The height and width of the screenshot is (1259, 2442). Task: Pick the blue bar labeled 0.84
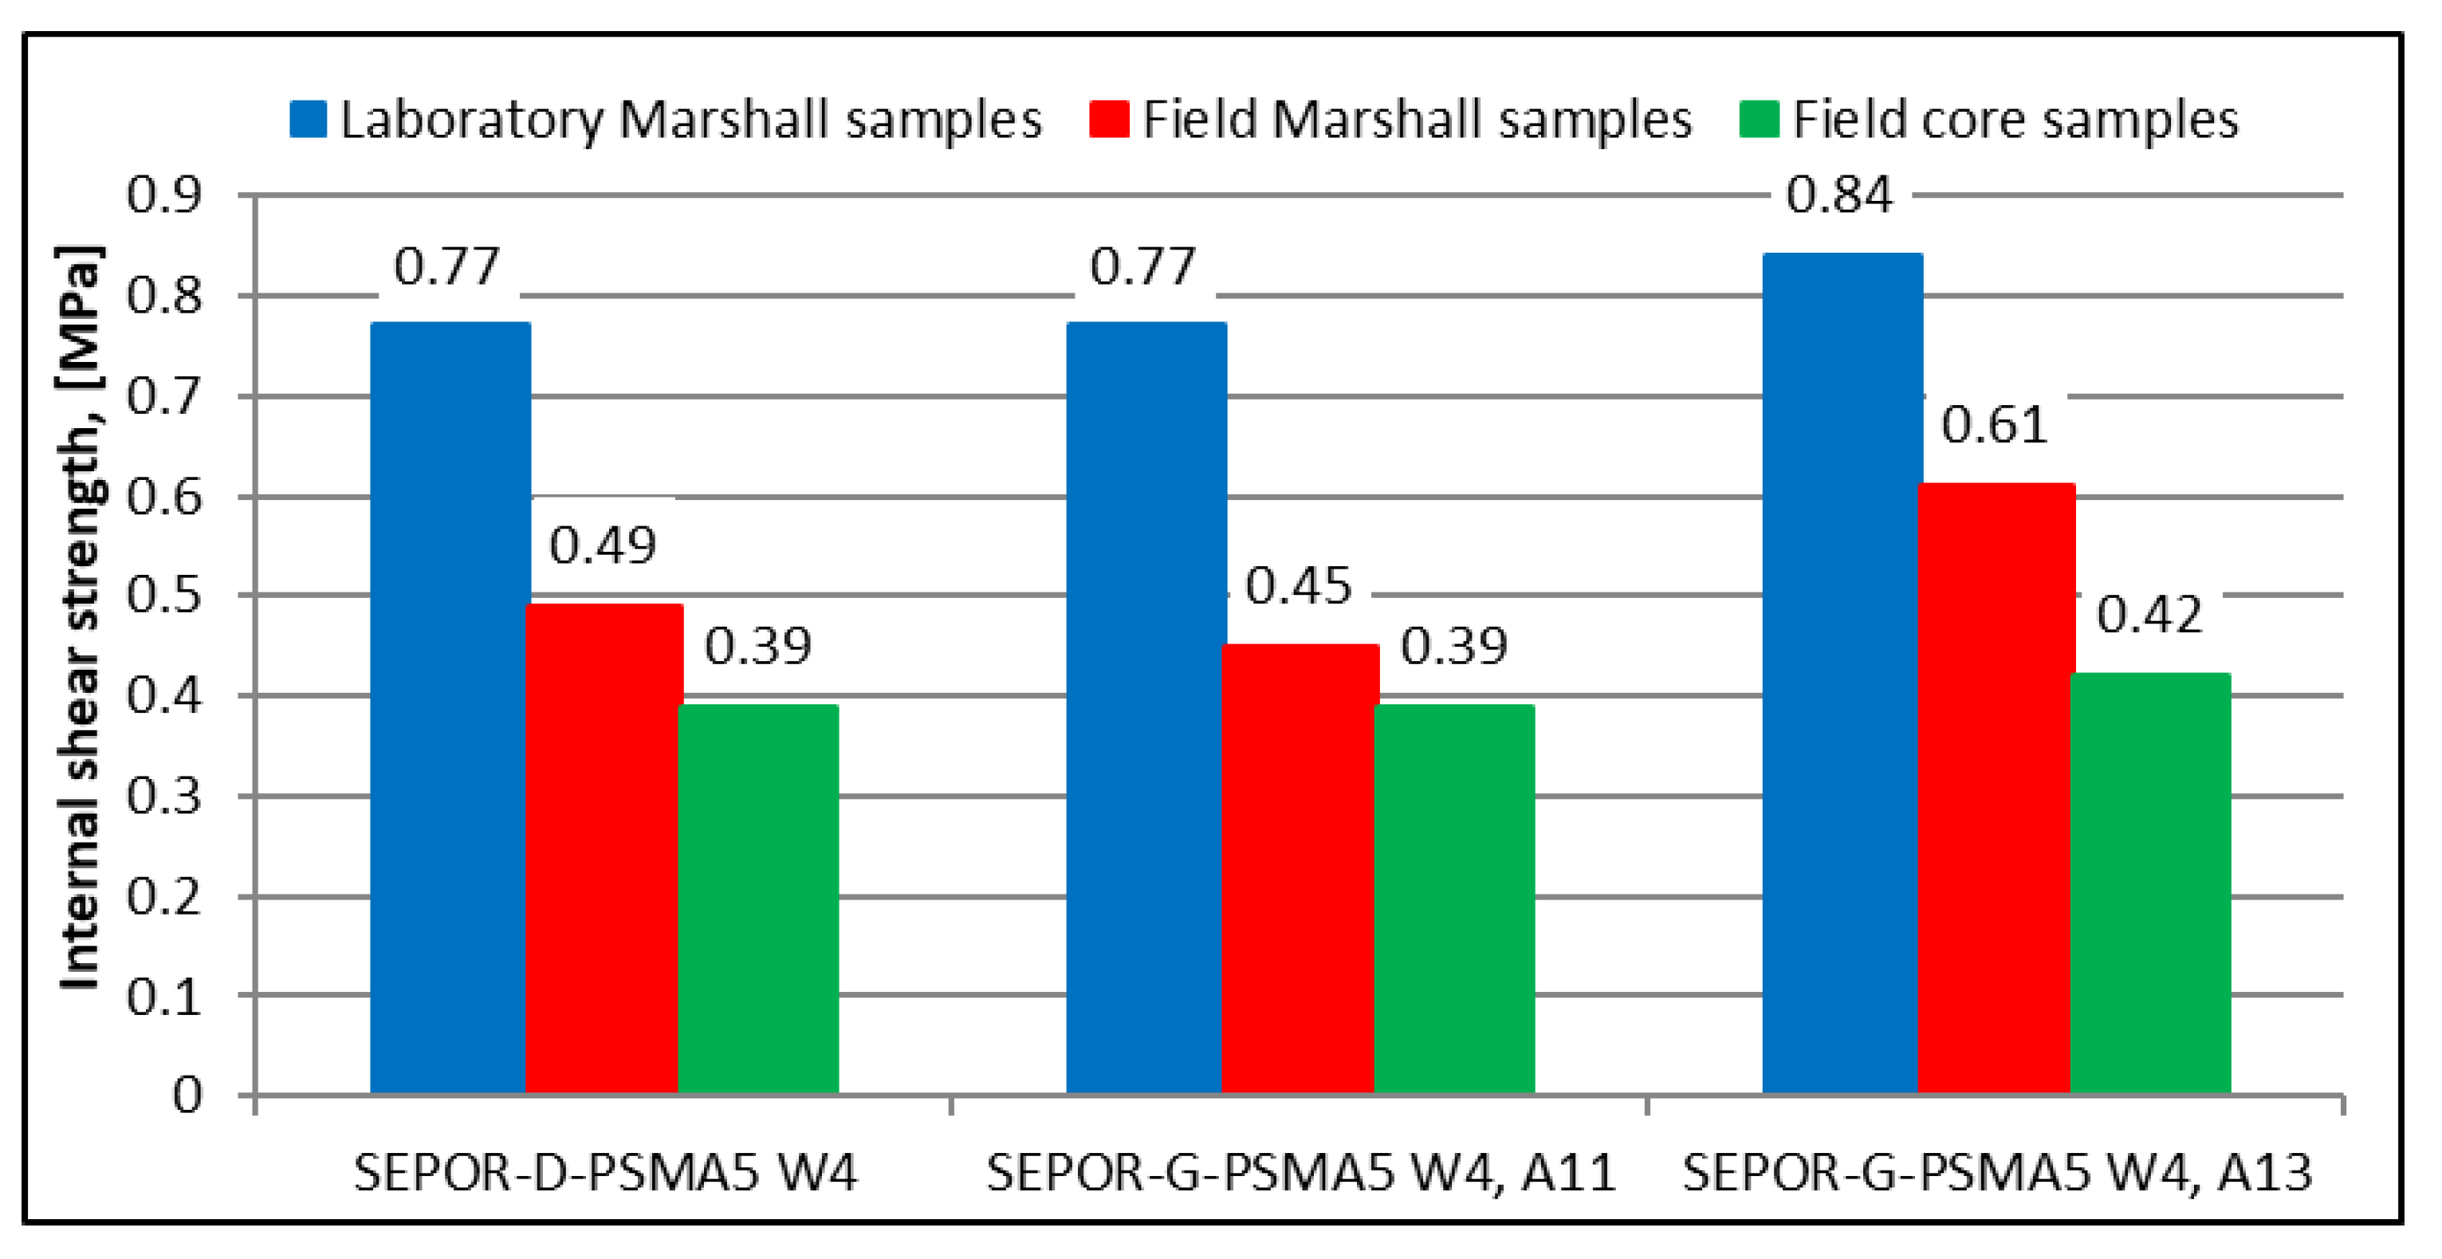pos(1842,673)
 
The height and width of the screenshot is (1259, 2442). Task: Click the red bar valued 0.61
pos(1996,788)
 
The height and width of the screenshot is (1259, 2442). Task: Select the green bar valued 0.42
pos(2150,883)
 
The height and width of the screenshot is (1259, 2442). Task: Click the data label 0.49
pos(603,545)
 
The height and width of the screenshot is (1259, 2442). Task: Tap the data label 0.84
pos(1839,195)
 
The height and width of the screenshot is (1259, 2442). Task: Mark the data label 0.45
pos(1298,586)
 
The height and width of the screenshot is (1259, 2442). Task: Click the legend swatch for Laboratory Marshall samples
pos(308,120)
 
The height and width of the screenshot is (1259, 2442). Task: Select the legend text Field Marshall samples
pos(1416,120)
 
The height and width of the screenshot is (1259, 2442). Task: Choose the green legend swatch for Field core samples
pos(1759,120)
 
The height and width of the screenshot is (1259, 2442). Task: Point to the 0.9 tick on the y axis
pos(164,195)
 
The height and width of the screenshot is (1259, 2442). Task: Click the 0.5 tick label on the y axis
pos(164,596)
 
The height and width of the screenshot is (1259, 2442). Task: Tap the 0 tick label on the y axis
pos(187,1095)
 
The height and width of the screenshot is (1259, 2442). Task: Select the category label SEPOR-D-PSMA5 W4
pos(605,1173)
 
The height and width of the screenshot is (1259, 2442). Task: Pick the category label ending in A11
pos(1300,1173)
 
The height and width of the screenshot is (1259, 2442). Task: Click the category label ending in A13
pos(1996,1173)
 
